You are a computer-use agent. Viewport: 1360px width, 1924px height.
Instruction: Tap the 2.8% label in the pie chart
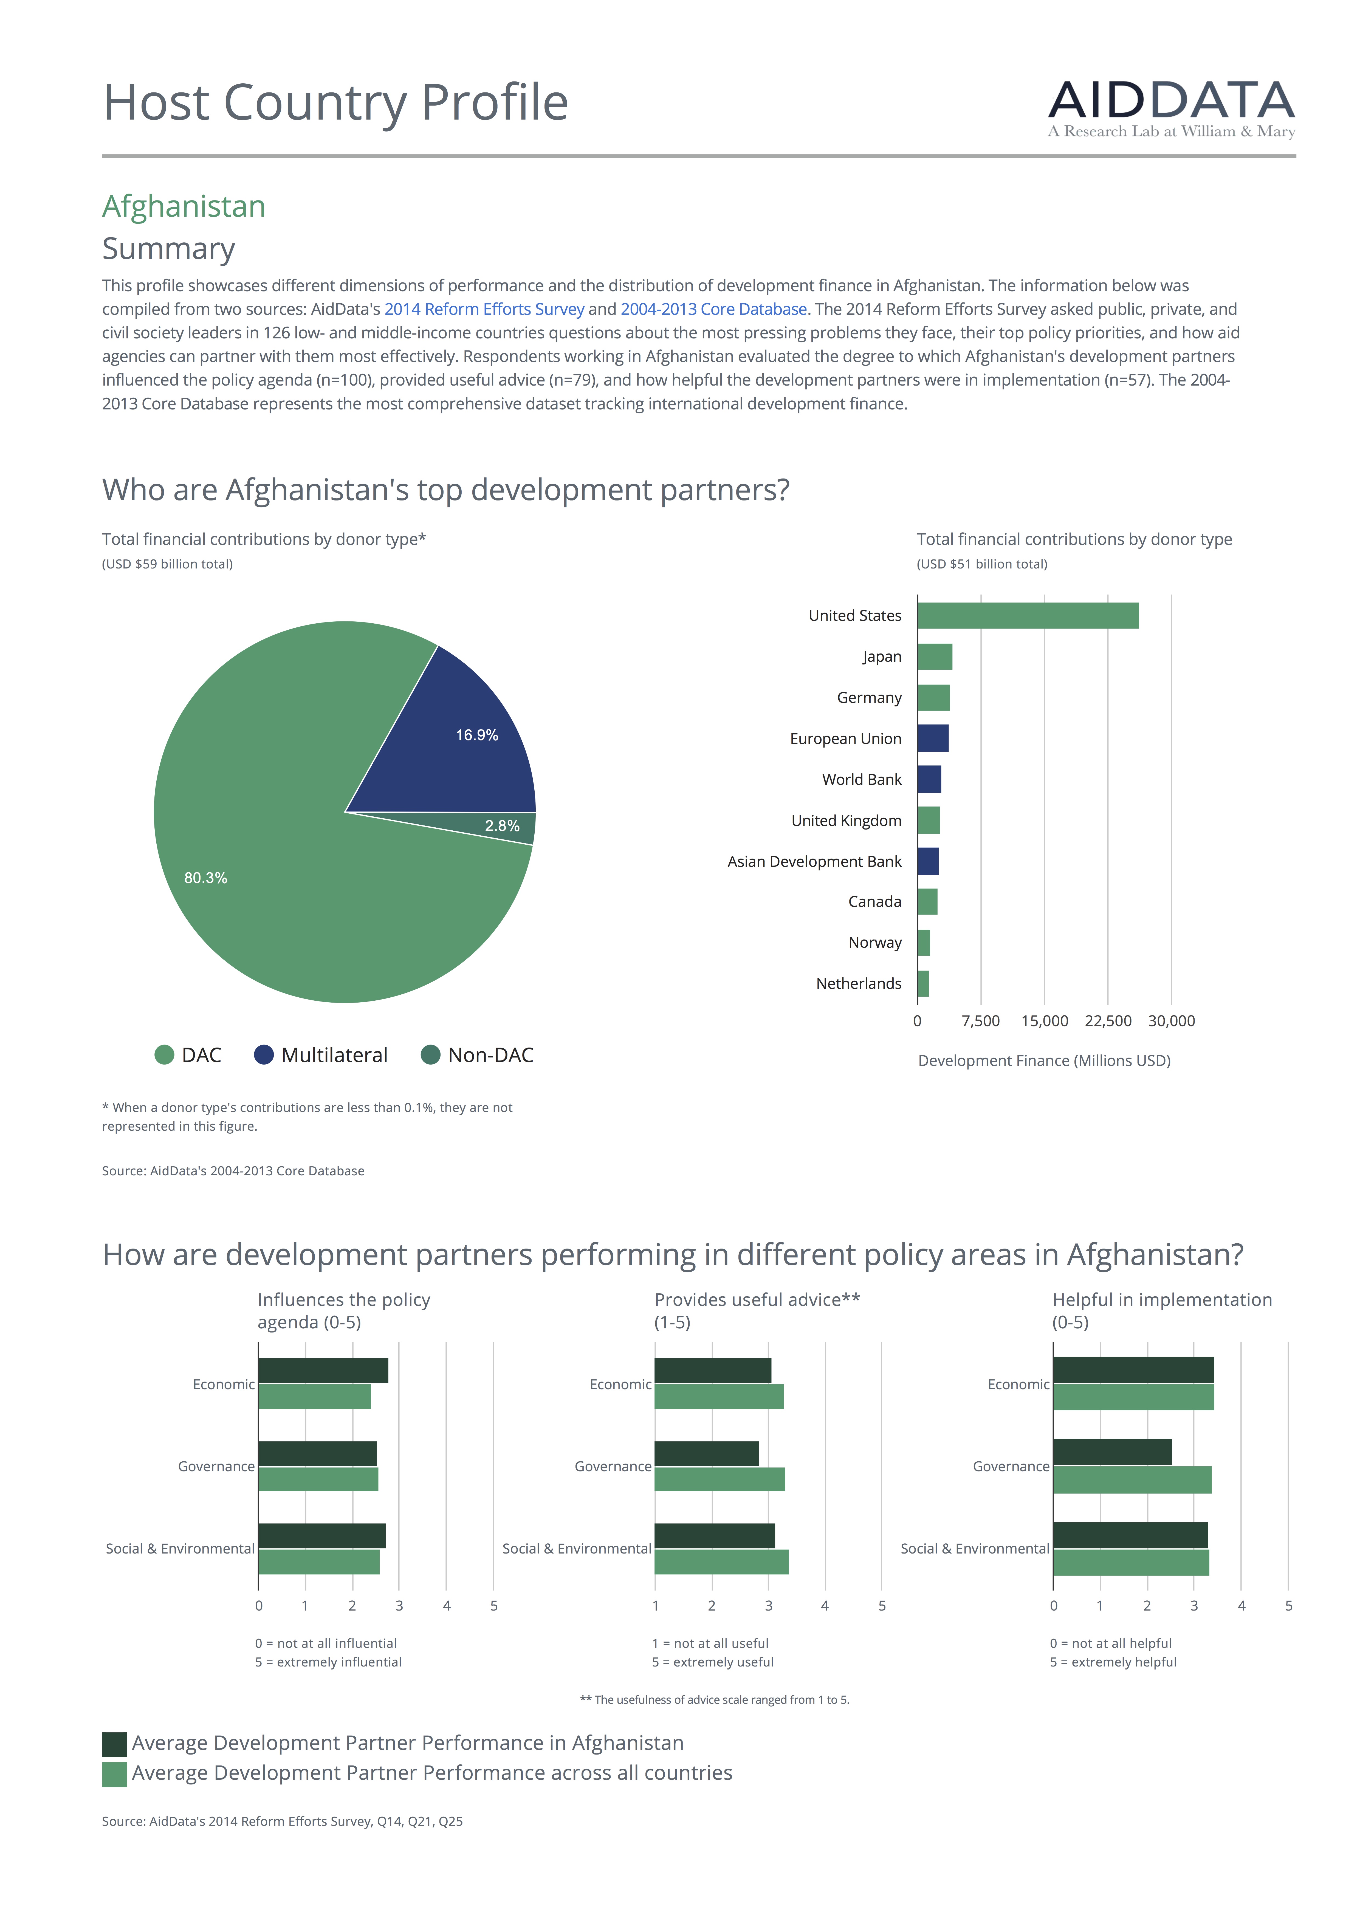tap(502, 826)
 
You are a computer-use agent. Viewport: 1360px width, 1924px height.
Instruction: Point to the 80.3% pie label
tap(205, 878)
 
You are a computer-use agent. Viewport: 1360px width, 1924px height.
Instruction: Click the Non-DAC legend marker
tap(430, 1055)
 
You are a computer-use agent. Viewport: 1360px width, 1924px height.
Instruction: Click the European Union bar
tap(933, 738)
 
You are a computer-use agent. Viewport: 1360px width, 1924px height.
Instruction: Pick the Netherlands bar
tap(922, 984)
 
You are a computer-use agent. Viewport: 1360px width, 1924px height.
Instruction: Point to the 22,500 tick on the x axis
tap(1108, 1021)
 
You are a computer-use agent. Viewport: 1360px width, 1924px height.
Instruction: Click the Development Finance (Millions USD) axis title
tap(1044, 1061)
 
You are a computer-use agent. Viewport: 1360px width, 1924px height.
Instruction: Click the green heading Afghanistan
tap(184, 206)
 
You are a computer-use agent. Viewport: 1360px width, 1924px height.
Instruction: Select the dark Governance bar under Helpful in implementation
tap(1112, 1452)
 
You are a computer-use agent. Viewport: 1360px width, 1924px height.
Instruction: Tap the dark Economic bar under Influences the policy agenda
tap(323, 1371)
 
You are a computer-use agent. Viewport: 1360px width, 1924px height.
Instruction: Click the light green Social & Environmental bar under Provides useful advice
tap(721, 1562)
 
